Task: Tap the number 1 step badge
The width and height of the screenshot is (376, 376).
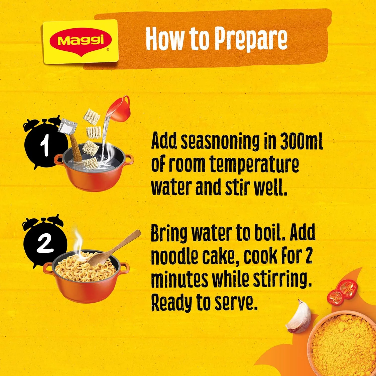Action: click(x=45, y=145)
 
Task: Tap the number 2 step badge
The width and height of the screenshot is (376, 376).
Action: click(x=45, y=243)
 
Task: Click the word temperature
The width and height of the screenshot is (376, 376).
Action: click(x=254, y=165)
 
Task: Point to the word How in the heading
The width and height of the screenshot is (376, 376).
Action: click(x=164, y=39)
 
